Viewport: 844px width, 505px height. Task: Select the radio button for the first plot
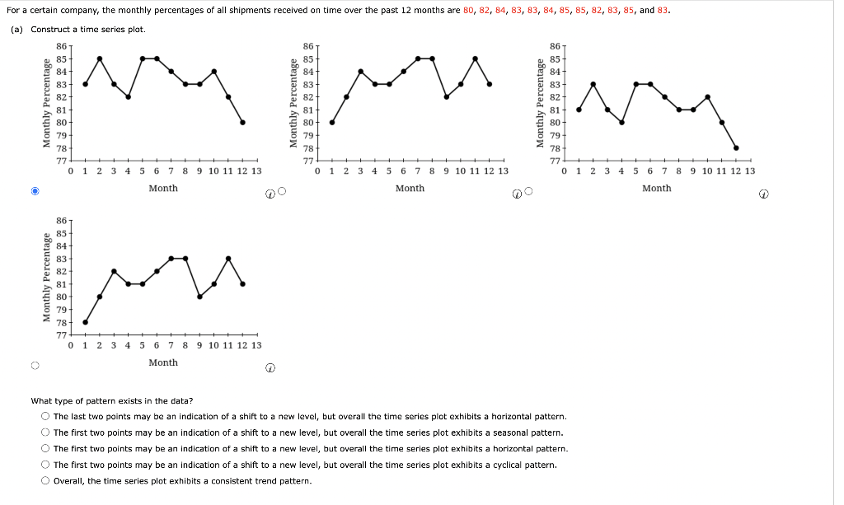[35, 191]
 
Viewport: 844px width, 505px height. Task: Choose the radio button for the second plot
[282, 192]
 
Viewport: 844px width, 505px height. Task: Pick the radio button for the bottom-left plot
[35, 366]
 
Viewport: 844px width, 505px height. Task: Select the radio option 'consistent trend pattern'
[46, 481]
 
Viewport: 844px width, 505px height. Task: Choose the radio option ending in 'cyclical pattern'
[46, 465]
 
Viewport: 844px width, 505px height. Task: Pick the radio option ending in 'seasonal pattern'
[46, 433]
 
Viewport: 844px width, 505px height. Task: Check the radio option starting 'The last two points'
[46, 417]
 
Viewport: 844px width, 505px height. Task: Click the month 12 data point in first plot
[243, 122]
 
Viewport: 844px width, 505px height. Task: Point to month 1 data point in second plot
[332, 122]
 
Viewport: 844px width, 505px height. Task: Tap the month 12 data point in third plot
[736, 148]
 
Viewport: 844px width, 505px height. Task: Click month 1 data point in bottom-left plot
[85, 322]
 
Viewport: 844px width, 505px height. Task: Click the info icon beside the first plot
[270, 194]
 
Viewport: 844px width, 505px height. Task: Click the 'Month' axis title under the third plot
[656, 189]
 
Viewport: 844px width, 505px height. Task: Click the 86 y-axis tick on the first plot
[61, 45]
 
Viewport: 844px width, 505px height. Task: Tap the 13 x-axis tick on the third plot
[749, 171]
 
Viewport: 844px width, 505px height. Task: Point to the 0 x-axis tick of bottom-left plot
[71, 345]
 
